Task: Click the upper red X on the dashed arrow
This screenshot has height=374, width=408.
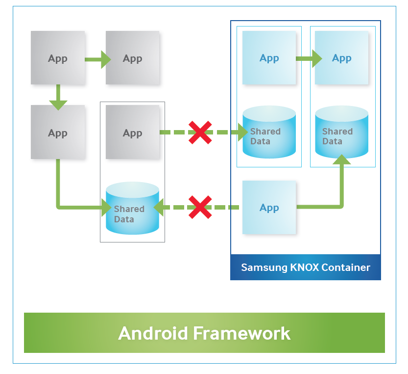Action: (200, 133)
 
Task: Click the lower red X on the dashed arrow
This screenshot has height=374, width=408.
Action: (200, 207)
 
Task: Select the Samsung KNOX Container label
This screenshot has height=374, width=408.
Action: (305, 267)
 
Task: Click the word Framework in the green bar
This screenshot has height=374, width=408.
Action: (241, 333)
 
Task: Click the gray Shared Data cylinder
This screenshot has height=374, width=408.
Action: (132, 209)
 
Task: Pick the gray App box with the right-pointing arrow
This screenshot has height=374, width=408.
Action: (58, 58)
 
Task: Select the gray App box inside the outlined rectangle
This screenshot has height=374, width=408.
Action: (132, 133)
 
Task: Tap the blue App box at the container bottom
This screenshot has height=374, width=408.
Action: (269, 208)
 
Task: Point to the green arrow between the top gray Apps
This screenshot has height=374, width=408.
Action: (97, 59)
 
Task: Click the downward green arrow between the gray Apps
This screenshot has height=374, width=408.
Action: (58, 97)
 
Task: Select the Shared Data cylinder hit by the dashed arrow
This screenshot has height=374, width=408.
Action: (269, 133)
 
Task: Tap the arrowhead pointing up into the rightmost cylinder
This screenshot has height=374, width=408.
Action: (341, 159)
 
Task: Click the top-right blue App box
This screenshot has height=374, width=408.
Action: (341, 58)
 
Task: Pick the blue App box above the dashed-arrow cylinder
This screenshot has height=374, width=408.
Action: (269, 58)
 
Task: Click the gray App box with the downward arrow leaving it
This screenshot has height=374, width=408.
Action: (58, 58)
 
